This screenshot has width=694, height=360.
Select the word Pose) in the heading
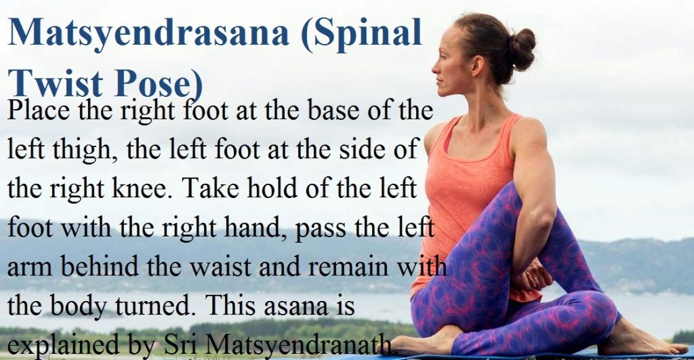click(x=158, y=84)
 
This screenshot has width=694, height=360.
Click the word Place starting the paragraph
click(x=38, y=110)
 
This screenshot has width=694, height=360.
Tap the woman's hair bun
click(x=523, y=49)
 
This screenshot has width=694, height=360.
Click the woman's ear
click(x=477, y=65)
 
